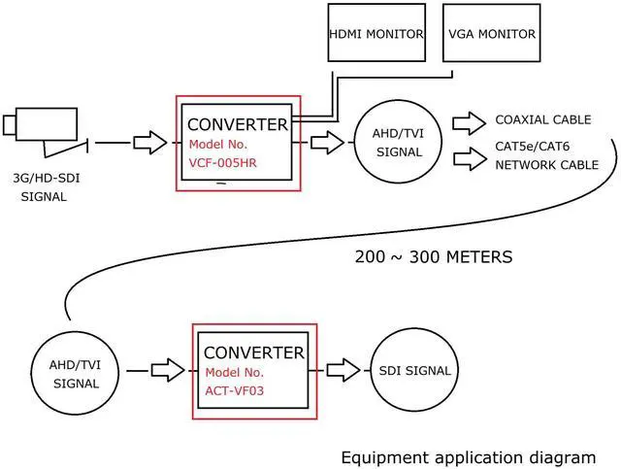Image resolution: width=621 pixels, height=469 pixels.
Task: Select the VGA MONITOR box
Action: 491,35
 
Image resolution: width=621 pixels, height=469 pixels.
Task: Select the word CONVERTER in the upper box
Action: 237,124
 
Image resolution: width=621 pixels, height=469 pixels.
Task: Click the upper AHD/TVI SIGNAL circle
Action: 399,143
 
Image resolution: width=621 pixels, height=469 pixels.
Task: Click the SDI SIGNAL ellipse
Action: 414,371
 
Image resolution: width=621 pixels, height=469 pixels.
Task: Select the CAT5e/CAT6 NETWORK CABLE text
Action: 546,157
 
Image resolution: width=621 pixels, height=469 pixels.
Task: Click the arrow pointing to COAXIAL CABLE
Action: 470,121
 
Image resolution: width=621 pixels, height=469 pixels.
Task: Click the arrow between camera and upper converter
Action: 149,143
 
